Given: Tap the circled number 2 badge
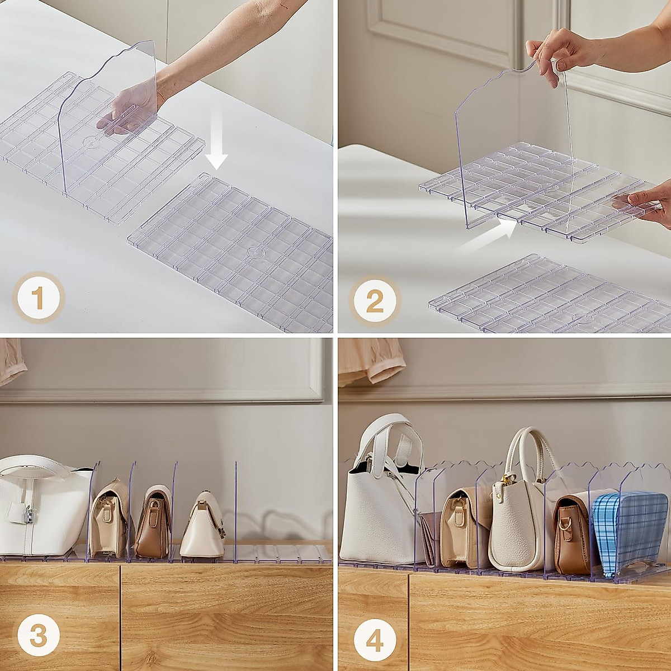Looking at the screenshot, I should (x=375, y=301).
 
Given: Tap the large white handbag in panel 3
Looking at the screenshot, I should (x=39, y=509).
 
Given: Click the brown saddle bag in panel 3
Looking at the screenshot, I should (x=153, y=523).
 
